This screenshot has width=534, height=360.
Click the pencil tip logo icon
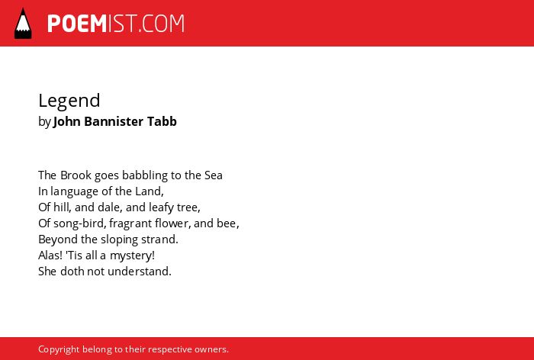23,24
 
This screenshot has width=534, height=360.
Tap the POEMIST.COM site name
116,24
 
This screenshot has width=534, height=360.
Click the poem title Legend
69,101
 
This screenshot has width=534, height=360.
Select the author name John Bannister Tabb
115,121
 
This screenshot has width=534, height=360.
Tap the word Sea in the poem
214,175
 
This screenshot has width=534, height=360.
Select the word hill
62,207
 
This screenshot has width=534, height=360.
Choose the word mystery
132,256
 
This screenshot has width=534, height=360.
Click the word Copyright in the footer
59,350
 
